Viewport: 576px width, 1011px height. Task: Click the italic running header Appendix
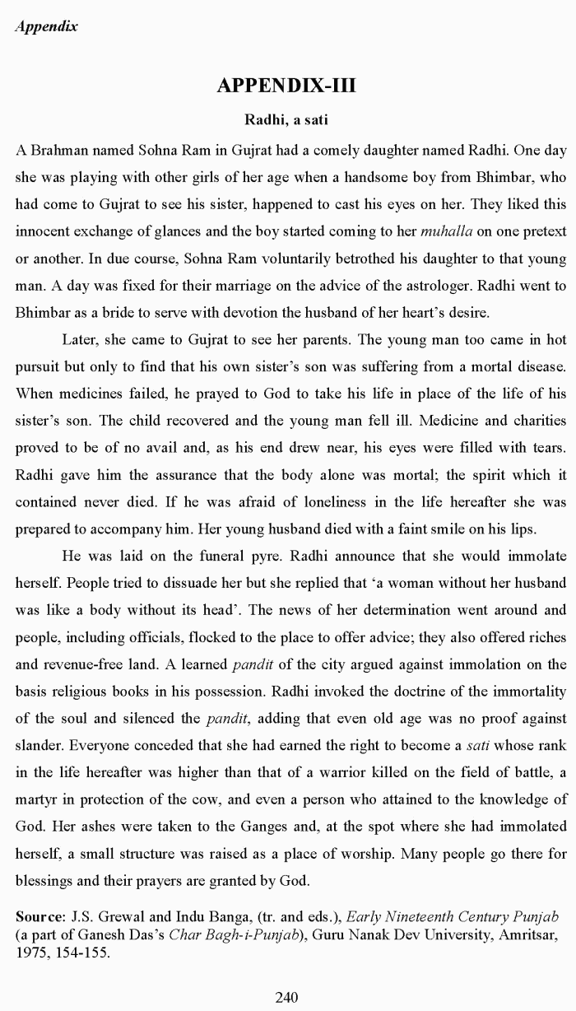click(x=46, y=26)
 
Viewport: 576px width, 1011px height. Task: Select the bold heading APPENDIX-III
click(x=286, y=86)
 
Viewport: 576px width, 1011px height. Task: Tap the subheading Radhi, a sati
click(x=286, y=120)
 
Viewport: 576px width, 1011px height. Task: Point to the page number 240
click(x=286, y=998)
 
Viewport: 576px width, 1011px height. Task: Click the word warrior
click(x=391, y=773)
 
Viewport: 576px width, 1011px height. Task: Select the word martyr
click(x=35, y=800)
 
